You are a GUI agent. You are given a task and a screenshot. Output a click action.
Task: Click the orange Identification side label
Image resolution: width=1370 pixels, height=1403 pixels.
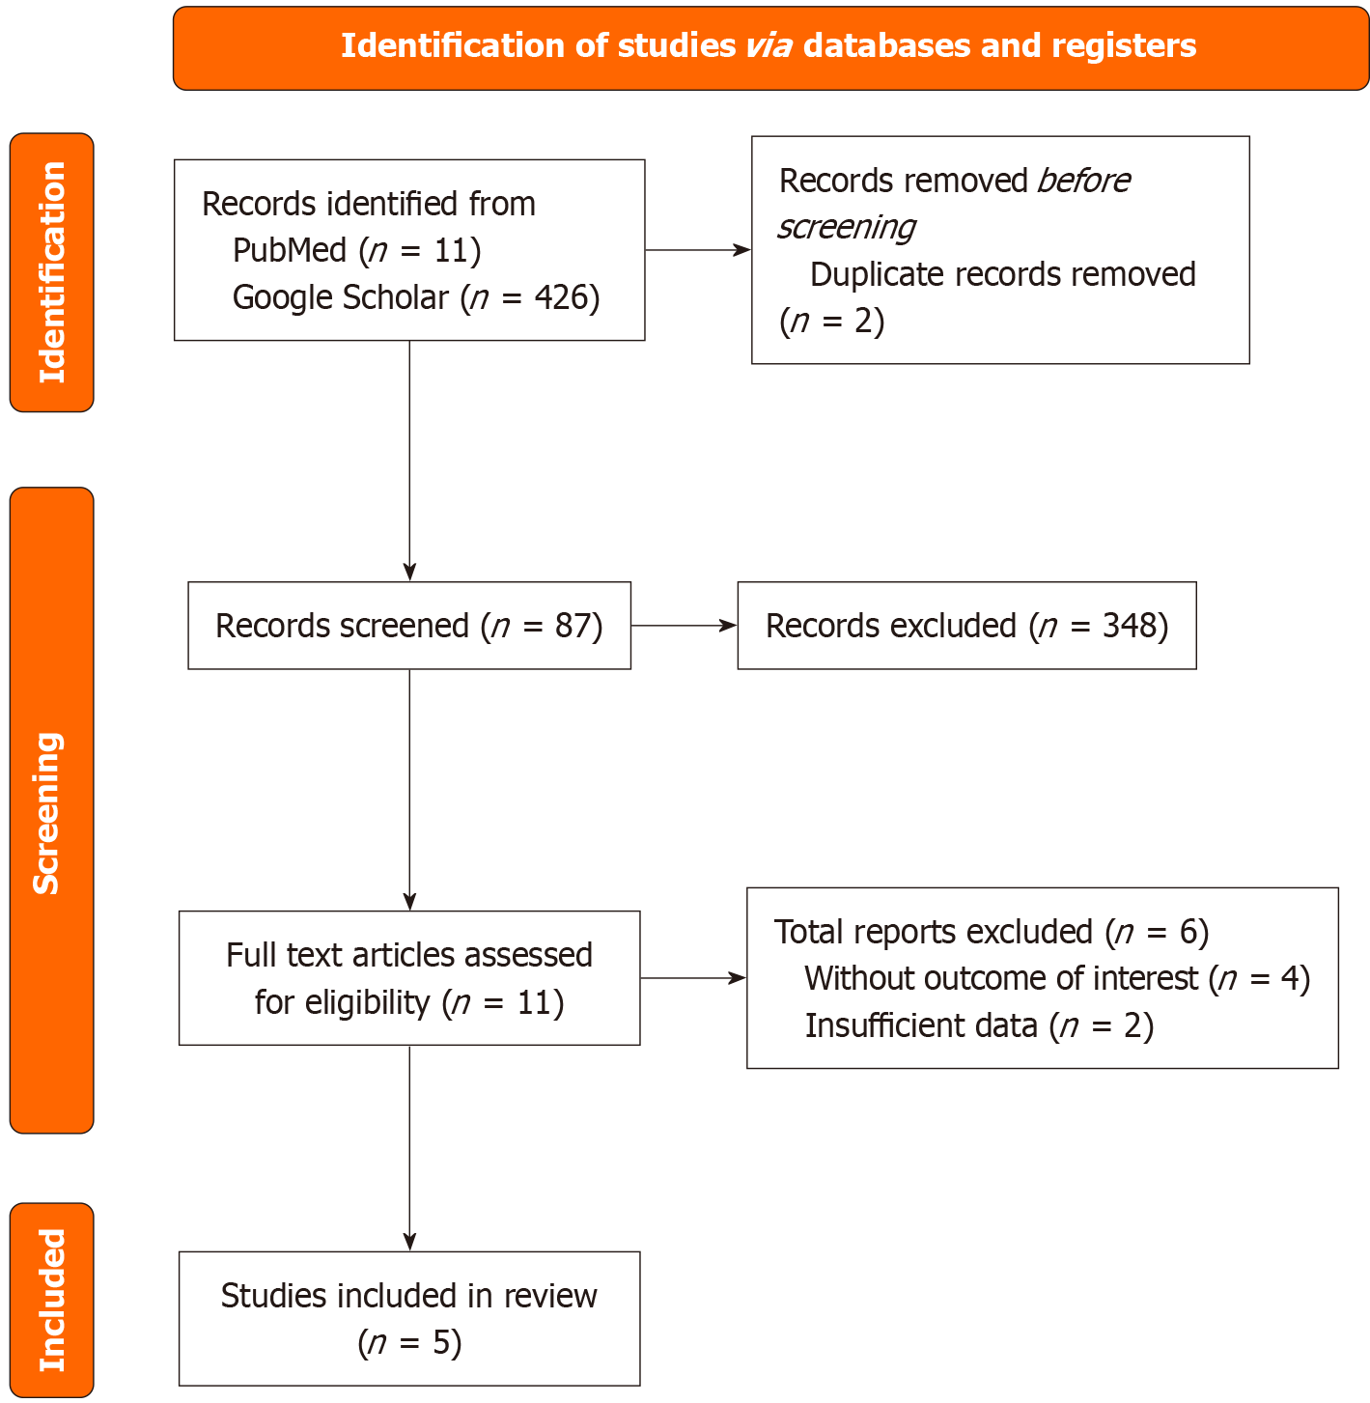(x=51, y=272)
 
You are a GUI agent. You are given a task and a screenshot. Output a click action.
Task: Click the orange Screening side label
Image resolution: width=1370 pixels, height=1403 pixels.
(x=51, y=810)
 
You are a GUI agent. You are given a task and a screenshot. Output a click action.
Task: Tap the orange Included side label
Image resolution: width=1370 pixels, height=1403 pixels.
(x=51, y=1299)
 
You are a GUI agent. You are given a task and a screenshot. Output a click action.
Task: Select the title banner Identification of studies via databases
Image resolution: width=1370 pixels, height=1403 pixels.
(x=769, y=47)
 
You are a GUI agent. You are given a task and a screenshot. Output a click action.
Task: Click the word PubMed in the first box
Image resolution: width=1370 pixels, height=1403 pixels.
(x=289, y=251)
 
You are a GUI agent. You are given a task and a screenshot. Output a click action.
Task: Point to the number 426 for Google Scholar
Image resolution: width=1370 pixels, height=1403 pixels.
(x=561, y=298)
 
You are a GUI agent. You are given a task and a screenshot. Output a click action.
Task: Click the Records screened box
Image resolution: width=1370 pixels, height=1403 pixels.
(x=408, y=626)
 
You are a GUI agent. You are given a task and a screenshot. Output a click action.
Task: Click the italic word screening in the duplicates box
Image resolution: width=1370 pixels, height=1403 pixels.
(x=846, y=227)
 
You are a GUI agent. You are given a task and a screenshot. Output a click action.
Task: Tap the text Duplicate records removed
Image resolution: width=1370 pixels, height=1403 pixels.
(x=1002, y=275)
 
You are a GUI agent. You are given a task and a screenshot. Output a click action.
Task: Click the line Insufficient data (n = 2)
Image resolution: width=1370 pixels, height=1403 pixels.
(x=978, y=1025)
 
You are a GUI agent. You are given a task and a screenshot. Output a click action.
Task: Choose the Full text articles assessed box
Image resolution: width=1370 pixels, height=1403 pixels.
(x=408, y=978)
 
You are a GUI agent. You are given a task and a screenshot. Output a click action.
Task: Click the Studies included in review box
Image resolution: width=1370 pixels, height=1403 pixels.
(x=408, y=1318)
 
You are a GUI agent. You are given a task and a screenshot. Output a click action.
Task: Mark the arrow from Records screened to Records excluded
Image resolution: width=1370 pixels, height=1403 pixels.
(x=684, y=626)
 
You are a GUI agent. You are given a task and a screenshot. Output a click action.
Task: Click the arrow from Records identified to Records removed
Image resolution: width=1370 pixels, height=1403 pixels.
(x=697, y=250)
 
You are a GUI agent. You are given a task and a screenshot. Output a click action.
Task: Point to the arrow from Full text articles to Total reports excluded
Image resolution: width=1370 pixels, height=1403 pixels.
(x=692, y=978)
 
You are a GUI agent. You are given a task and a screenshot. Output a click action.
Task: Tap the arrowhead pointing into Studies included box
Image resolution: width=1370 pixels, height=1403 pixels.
(x=409, y=1242)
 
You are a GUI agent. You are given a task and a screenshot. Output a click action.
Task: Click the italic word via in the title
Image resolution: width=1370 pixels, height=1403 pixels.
(x=769, y=46)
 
